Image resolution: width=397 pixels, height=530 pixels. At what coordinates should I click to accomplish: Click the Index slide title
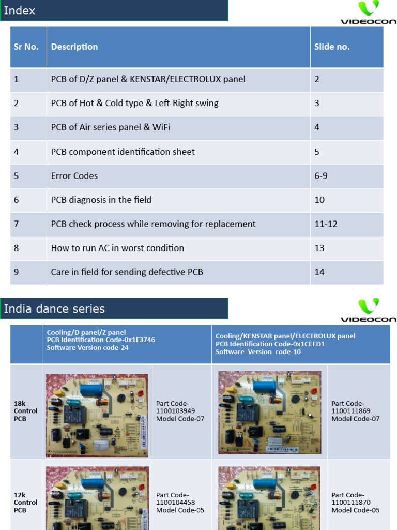click(x=20, y=10)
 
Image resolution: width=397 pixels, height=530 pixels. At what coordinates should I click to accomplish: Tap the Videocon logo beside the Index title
click(x=368, y=12)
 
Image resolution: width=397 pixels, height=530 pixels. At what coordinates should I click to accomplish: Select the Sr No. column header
click(x=26, y=47)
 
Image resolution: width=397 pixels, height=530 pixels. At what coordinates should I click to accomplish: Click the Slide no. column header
click(x=332, y=47)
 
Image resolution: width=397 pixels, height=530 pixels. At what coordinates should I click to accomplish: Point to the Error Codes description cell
click(x=74, y=176)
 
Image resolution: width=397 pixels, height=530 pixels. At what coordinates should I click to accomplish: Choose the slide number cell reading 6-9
click(x=321, y=176)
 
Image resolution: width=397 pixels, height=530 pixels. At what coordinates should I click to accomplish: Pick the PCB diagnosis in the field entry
click(x=101, y=200)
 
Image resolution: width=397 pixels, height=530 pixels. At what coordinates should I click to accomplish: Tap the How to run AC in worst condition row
click(x=117, y=248)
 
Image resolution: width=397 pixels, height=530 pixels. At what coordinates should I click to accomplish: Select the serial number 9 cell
click(x=17, y=272)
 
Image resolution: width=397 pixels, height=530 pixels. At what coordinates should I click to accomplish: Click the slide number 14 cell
click(x=319, y=272)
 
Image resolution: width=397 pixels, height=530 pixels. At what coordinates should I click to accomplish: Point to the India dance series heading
click(x=54, y=309)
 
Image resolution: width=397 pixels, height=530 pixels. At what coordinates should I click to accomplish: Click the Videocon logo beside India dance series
click(x=368, y=310)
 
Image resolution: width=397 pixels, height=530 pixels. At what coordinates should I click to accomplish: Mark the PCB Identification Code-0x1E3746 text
click(x=101, y=340)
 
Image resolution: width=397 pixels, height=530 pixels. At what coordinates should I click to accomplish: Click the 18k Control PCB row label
click(x=26, y=411)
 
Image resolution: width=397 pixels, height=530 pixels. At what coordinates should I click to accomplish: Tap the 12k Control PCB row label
click(x=26, y=503)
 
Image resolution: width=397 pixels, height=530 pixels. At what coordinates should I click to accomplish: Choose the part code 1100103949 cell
click(x=180, y=411)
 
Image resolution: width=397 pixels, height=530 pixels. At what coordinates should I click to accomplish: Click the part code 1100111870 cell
click(x=356, y=503)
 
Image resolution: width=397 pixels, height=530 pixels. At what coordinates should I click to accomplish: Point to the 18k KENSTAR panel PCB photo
click(x=269, y=412)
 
